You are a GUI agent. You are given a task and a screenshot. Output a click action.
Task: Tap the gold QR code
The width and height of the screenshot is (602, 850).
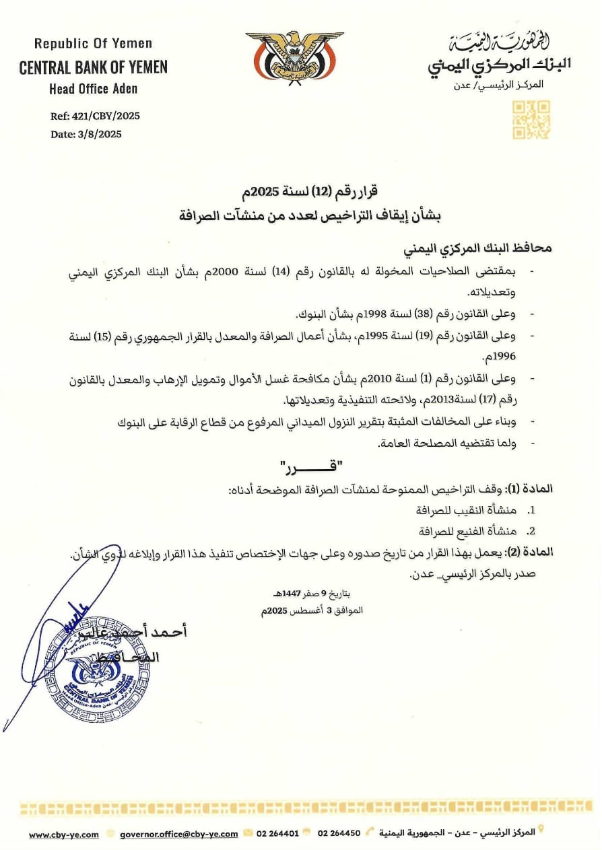[x=531, y=120]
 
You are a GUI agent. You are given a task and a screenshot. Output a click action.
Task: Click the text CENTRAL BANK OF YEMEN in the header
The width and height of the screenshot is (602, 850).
[x=93, y=67]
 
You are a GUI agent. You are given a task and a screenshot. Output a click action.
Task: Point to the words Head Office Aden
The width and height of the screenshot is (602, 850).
[x=93, y=88]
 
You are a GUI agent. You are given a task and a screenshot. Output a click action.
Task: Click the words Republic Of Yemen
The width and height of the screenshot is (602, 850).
[x=93, y=44]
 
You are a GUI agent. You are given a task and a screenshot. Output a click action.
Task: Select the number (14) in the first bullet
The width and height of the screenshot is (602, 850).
[x=290, y=272]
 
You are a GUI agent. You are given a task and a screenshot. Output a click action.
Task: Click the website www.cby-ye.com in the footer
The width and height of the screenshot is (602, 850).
[x=63, y=834]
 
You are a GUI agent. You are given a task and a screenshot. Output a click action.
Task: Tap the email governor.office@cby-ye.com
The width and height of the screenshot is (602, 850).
[x=178, y=834]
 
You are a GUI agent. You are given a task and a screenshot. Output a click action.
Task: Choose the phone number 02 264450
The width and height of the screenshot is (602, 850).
[x=339, y=833]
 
